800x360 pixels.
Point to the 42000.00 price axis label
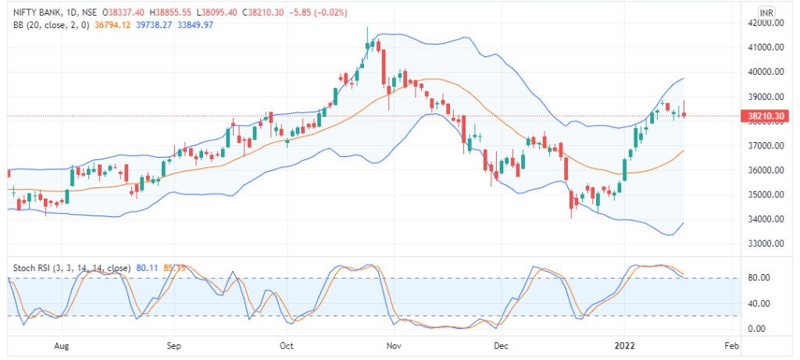765,23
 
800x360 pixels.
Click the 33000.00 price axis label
765,244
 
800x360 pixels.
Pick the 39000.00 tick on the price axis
765,97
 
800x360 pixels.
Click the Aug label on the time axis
63,344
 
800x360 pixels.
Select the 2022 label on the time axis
626,344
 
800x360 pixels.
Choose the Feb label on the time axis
731,344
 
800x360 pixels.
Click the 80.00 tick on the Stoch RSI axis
759,278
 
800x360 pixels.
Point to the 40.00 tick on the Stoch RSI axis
759,303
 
